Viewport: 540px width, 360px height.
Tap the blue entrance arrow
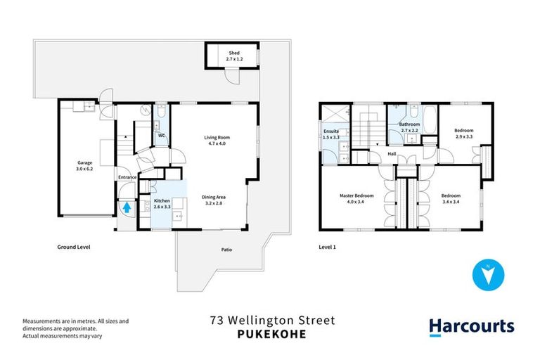tap(127, 207)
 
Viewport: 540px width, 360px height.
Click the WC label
tap(161, 135)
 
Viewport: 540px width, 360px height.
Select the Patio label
tap(226, 250)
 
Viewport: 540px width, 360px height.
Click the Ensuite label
tap(330, 134)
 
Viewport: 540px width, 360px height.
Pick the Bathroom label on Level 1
tap(410, 127)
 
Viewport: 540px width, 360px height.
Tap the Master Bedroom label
tap(356, 198)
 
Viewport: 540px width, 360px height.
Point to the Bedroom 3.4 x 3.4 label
tap(450, 198)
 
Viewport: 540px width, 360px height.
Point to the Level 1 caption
tap(329, 247)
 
